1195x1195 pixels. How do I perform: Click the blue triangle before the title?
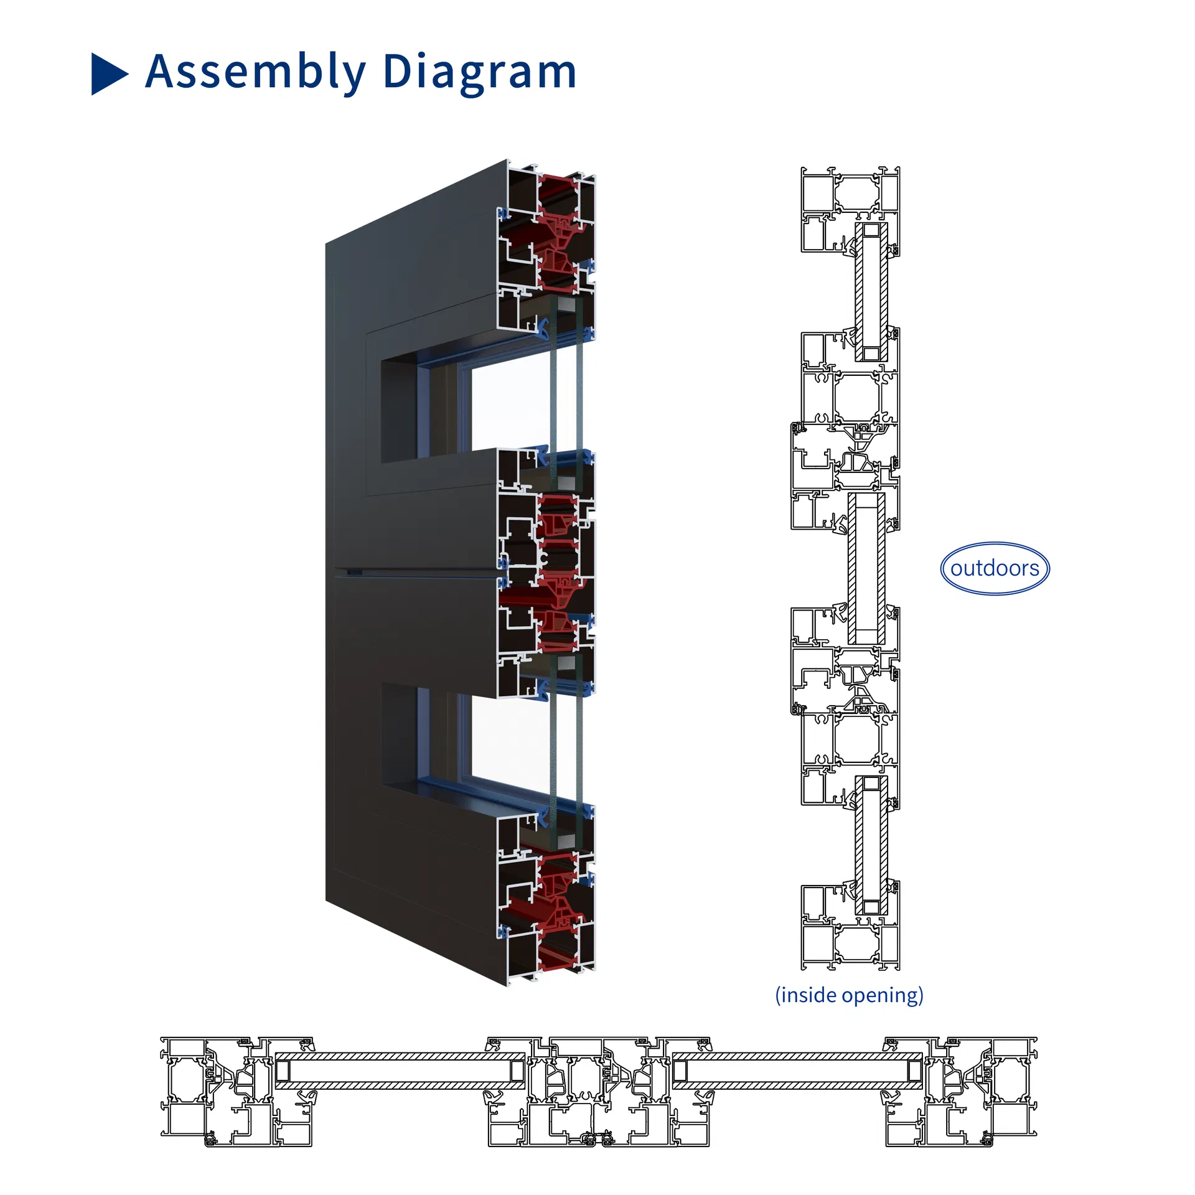pos(108,73)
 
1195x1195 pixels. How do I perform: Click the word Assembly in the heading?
pos(255,72)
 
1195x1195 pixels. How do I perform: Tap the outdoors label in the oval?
pos(994,568)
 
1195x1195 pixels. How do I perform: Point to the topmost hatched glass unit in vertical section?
pos(871,291)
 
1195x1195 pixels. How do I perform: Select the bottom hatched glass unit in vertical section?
pos(871,845)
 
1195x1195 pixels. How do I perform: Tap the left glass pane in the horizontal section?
pos(400,1071)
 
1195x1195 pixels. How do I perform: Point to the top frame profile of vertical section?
pos(850,193)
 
